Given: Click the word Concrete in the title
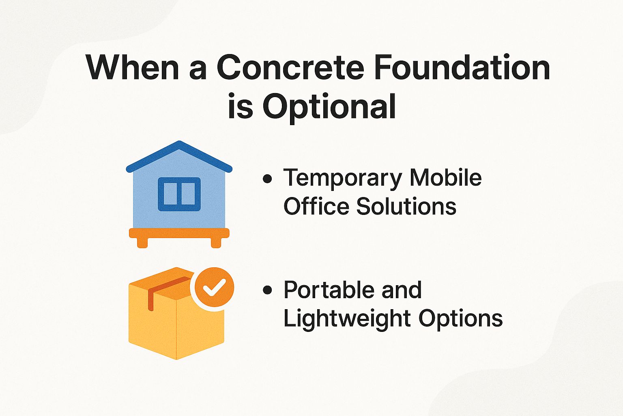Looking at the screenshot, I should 290,67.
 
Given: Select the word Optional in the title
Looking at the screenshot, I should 329,106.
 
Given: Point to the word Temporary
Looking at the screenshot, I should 343,178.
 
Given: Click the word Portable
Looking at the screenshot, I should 329,290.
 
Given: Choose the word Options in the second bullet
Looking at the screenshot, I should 461,318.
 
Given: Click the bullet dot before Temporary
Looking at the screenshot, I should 267,179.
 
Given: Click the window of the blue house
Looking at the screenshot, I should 179,194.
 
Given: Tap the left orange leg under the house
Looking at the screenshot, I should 142,243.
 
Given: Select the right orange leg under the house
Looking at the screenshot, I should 216,243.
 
